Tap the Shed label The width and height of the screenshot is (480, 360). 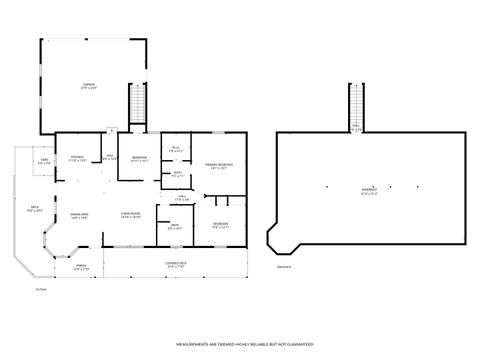pyautogui.click(x=45, y=161)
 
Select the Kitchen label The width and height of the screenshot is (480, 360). pyautogui.click(x=77, y=158)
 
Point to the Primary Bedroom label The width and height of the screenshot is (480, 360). pyautogui.click(x=219, y=166)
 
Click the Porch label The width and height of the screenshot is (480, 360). pyautogui.click(x=81, y=267)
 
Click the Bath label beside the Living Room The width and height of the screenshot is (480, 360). pyautogui.click(x=174, y=227)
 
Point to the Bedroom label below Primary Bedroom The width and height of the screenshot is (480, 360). pyautogui.click(x=221, y=225)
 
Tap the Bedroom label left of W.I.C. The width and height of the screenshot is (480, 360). pyautogui.click(x=140, y=159)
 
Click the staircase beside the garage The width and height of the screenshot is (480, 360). pyautogui.click(x=138, y=104)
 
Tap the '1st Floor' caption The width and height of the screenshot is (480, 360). pyautogui.click(x=41, y=288)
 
